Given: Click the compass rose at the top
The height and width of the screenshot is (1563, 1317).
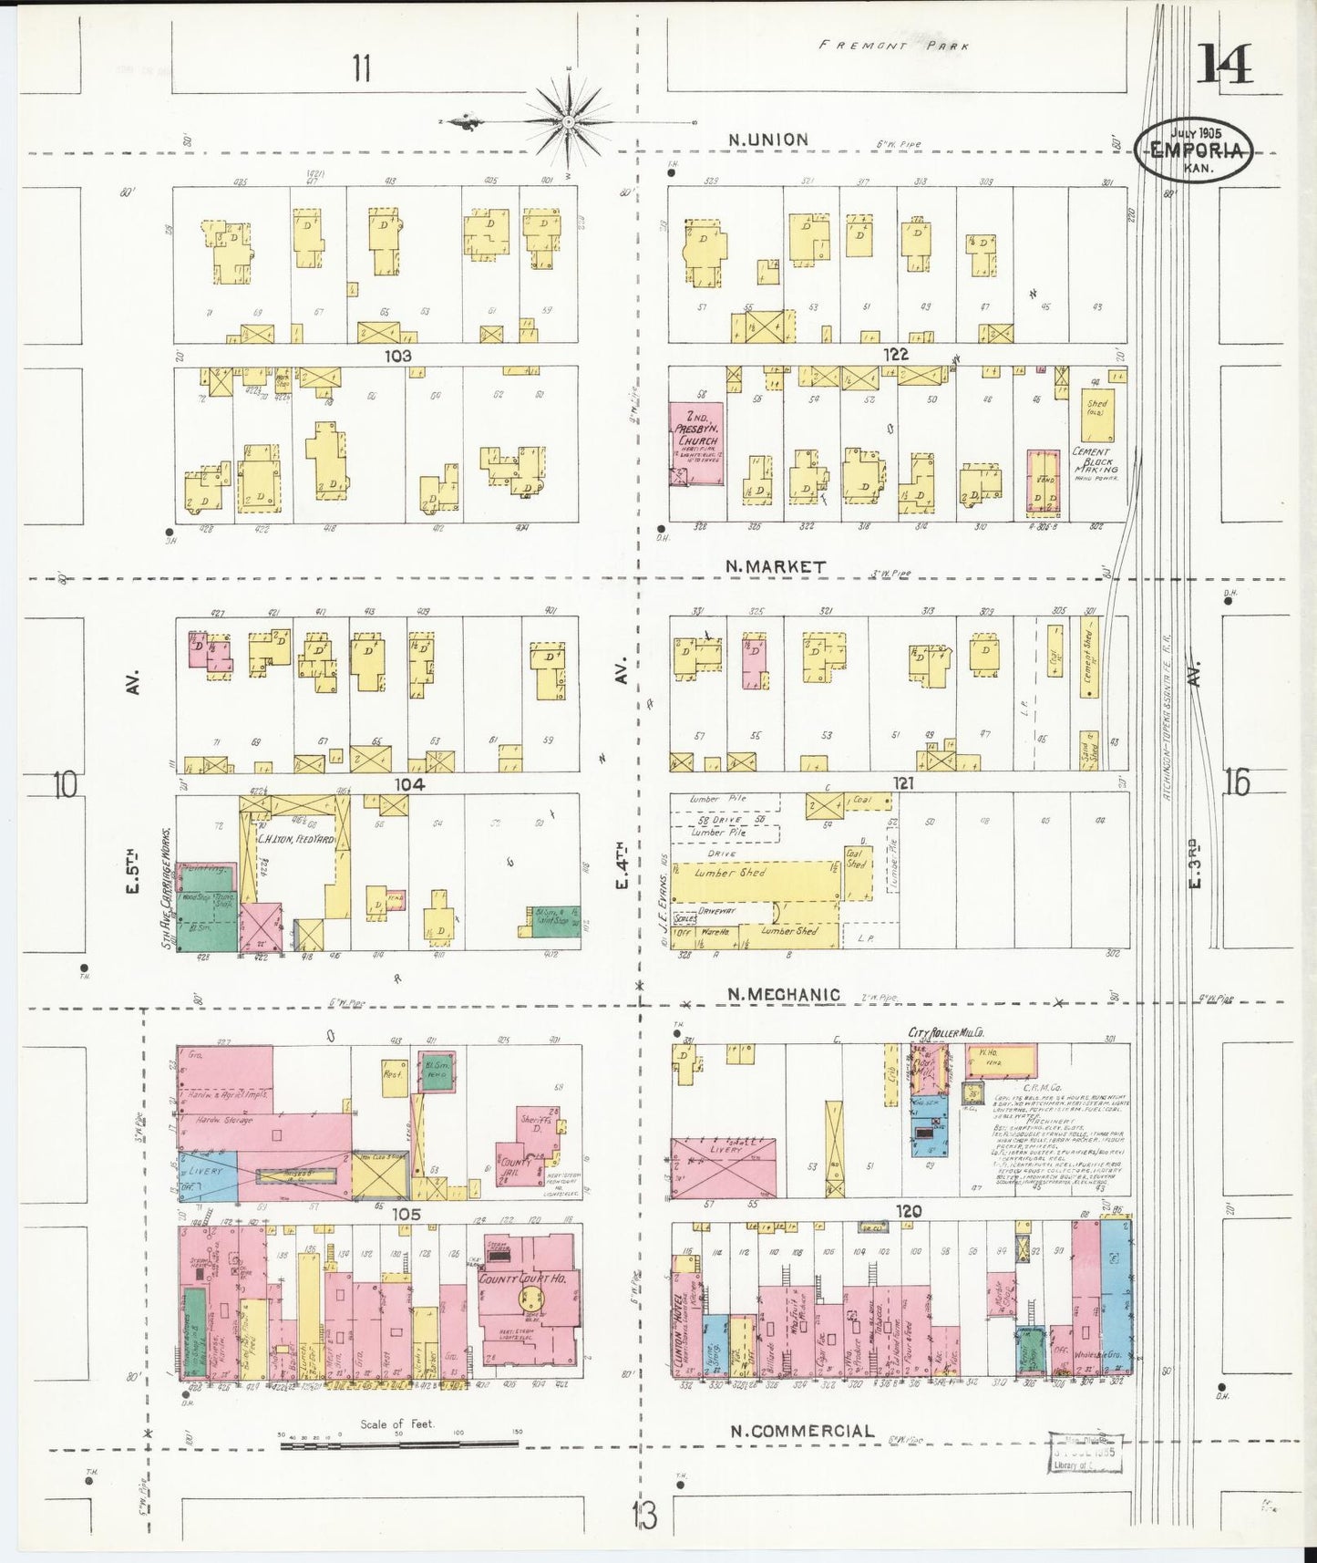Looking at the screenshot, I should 567,121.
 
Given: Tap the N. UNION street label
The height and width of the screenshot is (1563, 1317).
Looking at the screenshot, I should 767,140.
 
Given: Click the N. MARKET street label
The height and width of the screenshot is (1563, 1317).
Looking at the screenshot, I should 776,566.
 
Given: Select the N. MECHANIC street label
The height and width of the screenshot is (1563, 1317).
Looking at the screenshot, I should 784,994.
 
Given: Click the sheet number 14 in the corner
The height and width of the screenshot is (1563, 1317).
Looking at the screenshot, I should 1224,64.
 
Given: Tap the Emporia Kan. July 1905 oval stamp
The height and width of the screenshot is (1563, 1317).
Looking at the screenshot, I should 1194,149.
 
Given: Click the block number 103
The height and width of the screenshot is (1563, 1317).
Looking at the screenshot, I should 397,355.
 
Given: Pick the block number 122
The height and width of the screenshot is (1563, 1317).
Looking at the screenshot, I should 895,354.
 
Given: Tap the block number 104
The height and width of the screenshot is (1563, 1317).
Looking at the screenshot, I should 409,783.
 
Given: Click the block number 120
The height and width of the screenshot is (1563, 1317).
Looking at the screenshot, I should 908,1211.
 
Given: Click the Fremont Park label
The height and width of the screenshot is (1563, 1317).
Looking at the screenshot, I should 893,45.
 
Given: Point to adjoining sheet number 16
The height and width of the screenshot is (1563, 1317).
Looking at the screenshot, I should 1236,782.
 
